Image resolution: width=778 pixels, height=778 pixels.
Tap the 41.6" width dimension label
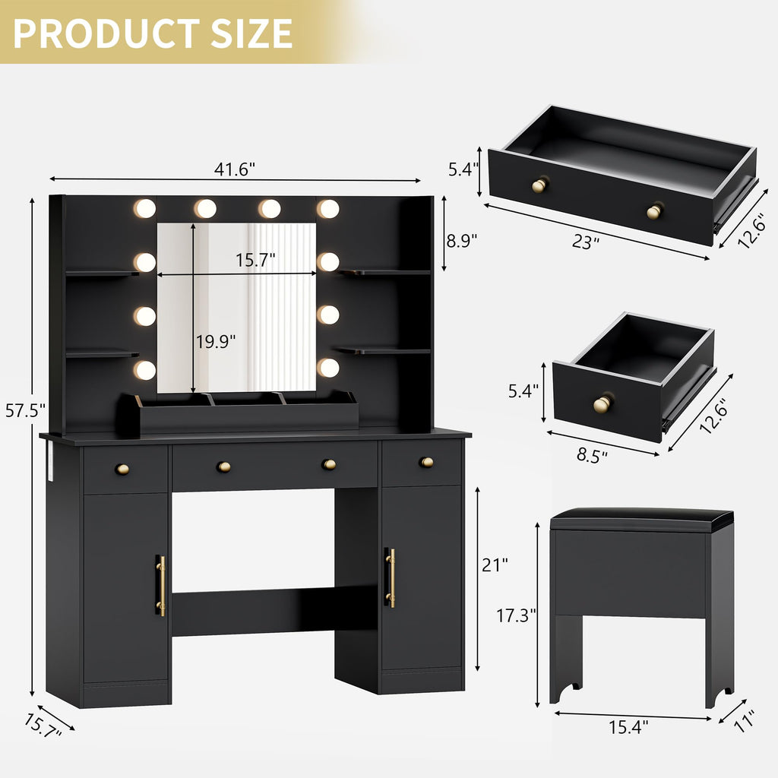click(x=234, y=169)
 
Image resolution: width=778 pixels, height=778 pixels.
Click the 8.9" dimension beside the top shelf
click(x=461, y=241)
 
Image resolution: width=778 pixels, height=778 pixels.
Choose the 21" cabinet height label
click(x=494, y=565)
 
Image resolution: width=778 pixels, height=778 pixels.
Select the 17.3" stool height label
click(x=517, y=615)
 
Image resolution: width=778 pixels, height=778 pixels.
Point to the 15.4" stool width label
click(x=628, y=728)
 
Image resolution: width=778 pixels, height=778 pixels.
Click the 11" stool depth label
click(x=745, y=720)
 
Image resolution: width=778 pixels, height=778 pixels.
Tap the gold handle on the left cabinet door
click(x=160, y=585)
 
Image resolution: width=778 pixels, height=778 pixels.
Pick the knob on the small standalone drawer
click(x=602, y=403)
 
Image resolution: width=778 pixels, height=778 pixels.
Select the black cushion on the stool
click(x=642, y=520)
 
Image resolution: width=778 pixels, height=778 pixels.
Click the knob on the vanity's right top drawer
click(x=426, y=462)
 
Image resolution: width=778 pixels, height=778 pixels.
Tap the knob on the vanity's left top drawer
click(x=122, y=469)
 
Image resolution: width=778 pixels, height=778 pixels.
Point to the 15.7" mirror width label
click(x=255, y=261)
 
